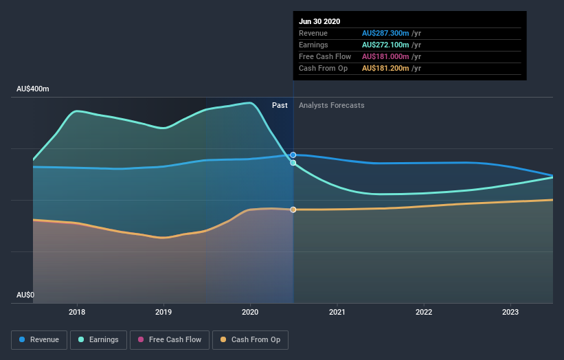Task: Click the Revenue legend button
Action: coord(40,339)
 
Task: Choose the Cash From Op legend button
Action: coord(251,339)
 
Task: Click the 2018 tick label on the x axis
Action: coord(77,313)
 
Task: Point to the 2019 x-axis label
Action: coord(163,313)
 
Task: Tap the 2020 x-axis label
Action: coord(250,313)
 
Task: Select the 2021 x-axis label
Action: coord(337,313)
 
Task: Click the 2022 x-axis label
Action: coord(424,313)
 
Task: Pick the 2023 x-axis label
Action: coord(510,313)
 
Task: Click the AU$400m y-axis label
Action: coord(33,89)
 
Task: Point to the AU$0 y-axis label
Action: coord(25,295)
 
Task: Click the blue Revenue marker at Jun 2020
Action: coord(293,155)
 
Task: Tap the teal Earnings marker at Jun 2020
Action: coord(293,163)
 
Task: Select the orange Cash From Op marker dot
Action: coord(293,210)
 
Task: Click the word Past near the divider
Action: coord(280,105)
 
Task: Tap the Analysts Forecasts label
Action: coord(332,105)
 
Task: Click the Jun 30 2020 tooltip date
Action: coord(319,21)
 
